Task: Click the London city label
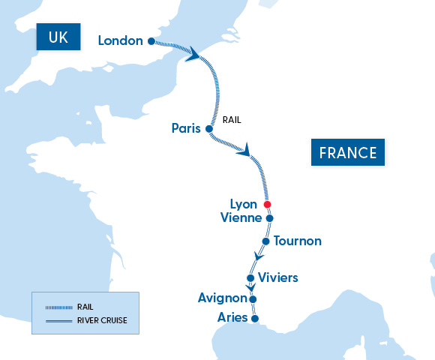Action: tap(120, 40)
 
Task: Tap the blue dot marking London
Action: tap(151, 41)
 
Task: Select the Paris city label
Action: tap(186, 128)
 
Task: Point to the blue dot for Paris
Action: tap(209, 129)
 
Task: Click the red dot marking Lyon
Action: tap(267, 204)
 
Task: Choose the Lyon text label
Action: tap(244, 204)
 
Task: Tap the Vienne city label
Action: tap(241, 218)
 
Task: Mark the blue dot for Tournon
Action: tap(265, 241)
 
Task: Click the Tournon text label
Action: tap(298, 241)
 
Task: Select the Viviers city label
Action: tap(277, 278)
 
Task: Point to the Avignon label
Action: tap(222, 298)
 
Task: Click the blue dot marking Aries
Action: tap(254, 319)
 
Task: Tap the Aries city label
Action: tap(232, 318)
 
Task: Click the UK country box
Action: tap(58, 38)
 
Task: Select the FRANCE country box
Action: tap(347, 153)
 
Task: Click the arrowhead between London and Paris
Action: tap(196, 55)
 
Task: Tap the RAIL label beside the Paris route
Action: tap(232, 119)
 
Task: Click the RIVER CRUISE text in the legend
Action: tap(102, 320)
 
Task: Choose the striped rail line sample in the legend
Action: tap(58, 307)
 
